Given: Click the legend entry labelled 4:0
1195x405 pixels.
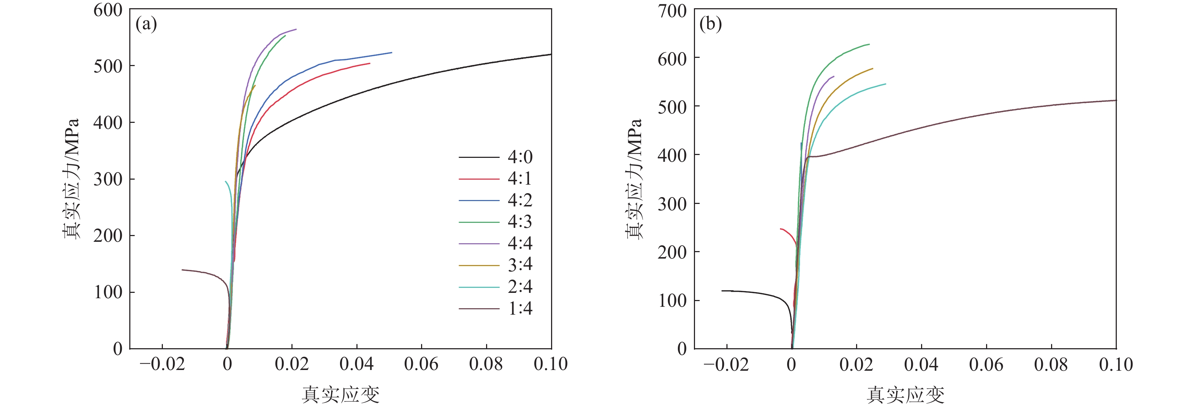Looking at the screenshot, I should (520, 157).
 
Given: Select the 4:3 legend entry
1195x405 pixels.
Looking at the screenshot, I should (520, 222).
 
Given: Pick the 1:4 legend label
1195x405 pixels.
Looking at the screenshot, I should (520, 309).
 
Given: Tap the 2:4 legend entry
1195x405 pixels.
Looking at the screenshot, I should (520, 287).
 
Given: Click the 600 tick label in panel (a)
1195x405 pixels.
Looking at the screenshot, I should (107, 10).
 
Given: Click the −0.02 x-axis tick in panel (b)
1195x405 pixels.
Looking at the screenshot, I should (726, 365).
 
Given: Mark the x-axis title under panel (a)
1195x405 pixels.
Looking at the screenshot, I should (340, 394).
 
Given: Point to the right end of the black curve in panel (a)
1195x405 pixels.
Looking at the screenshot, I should (551, 54).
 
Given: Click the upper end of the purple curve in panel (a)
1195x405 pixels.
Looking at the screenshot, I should (296, 29).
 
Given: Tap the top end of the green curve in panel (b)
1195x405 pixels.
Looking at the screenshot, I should (869, 45).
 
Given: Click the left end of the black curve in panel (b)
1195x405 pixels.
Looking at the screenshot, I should (722, 291).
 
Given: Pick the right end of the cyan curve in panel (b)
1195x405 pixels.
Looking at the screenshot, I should (886, 84).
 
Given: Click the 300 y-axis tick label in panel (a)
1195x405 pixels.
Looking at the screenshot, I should (107, 179).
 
